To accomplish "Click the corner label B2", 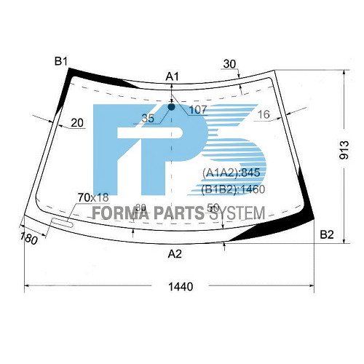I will coord(327,234).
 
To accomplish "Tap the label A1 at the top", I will coord(173,76).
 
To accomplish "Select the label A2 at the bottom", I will coord(175,254).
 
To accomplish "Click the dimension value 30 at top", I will coord(230,64).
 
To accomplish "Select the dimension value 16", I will coord(264,114).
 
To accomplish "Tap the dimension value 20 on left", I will coord(77,123).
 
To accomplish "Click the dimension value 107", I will coord(197,110).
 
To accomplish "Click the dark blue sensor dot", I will coord(173,106).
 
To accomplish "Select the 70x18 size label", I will coord(92,197).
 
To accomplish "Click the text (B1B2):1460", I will coord(233,189).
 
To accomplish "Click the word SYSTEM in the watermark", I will coord(238,215).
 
